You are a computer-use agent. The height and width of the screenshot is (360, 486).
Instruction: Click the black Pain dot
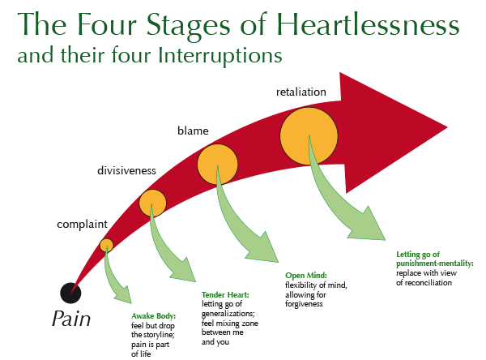[70, 293]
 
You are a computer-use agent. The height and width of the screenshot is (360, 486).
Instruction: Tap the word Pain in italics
[71, 319]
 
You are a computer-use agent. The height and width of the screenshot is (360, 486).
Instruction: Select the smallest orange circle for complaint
[106, 245]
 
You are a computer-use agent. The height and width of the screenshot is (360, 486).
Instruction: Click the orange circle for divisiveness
[152, 203]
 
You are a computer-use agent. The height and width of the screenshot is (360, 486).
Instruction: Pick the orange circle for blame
[218, 164]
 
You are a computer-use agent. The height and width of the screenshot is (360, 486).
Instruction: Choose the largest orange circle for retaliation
[309, 136]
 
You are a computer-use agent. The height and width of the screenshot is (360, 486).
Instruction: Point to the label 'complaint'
[82, 224]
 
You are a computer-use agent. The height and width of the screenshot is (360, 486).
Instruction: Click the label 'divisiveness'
[126, 170]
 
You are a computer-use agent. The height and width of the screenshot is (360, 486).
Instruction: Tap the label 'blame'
[193, 131]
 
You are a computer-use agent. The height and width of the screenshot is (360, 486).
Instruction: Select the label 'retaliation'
[301, 92]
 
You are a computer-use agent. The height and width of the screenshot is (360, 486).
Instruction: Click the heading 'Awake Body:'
[153, 316]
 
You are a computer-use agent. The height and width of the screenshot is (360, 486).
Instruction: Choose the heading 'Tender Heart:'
[225, 294]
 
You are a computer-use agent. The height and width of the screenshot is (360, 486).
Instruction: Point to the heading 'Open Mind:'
[306, 276]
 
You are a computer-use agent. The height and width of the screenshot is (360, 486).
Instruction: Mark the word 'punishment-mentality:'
[435, 264]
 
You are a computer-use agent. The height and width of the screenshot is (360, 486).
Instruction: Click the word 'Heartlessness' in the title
[368, 25]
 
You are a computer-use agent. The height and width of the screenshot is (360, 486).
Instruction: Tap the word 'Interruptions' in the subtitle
[220, 56]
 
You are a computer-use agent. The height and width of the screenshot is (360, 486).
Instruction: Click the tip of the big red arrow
[447, 127]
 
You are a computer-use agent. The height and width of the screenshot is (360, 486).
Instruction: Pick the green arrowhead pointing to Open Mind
[264, 249]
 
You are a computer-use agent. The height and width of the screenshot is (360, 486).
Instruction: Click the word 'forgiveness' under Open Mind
[304, 304]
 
